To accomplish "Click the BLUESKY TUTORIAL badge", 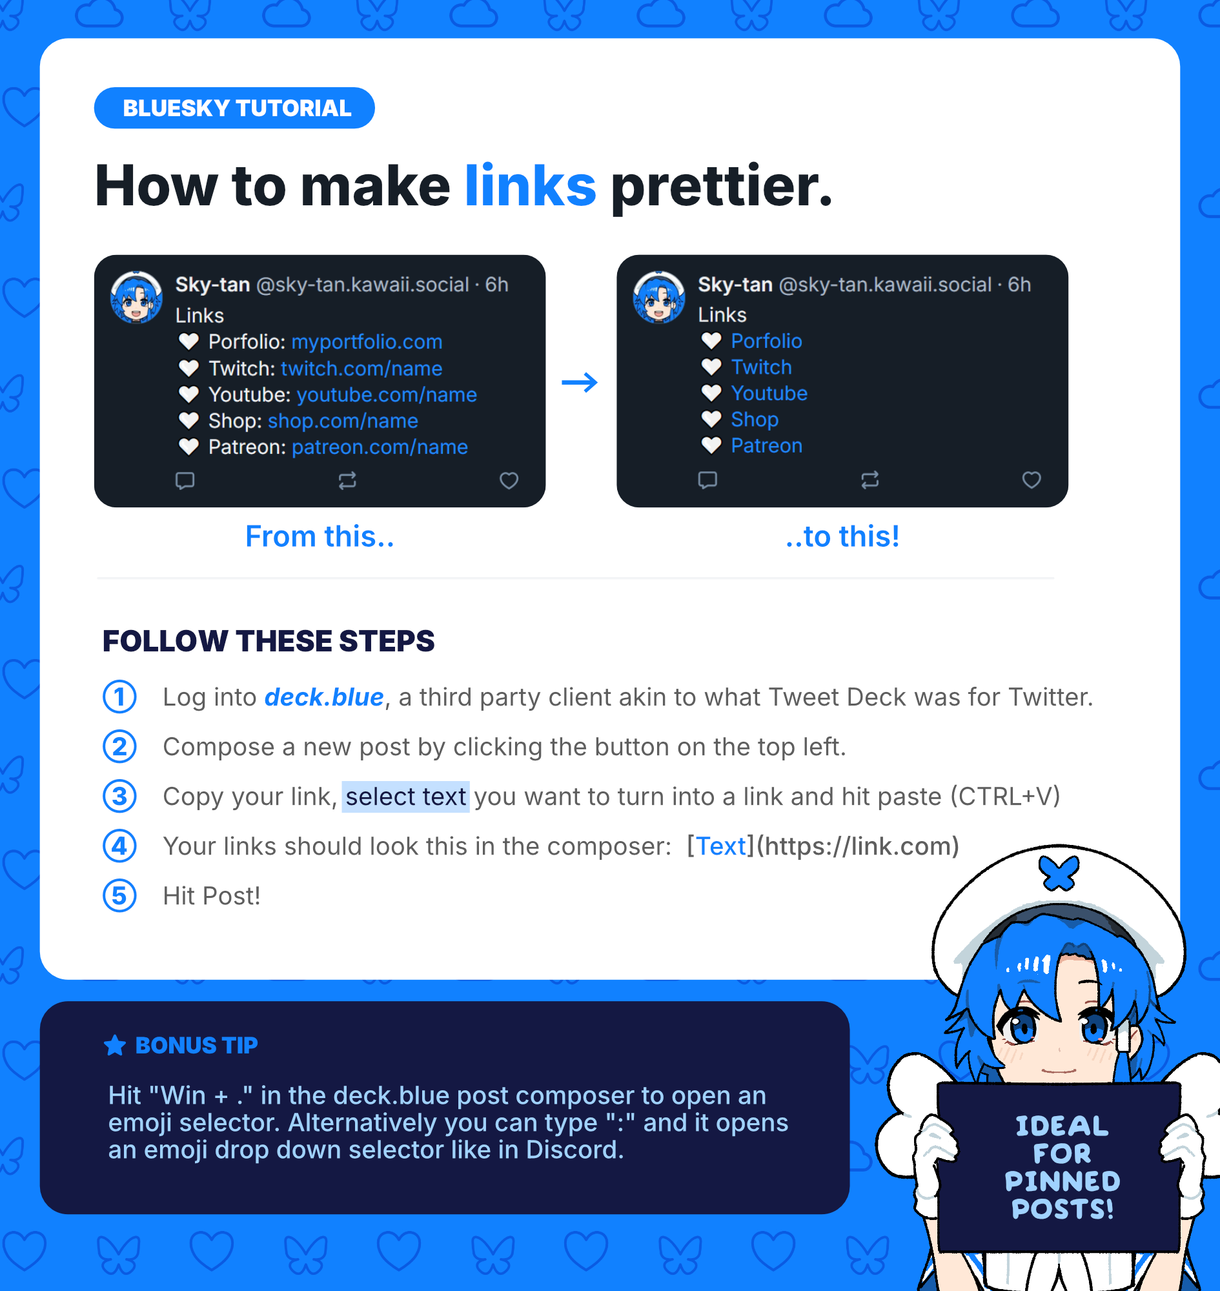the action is pyautogui.click(x=234, y=108).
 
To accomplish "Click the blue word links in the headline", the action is pyautogui.click(x=530, y=186).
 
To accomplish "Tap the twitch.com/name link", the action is pyautogui.click(x=361, y=368).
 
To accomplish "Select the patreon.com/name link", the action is pyautogui.click(x=380, y=447).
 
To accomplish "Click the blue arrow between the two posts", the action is pyautogui.click(x=580, y=382).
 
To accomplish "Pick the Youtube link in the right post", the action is pyautogui.click(x=769, y=393).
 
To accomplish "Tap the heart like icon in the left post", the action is pyautogui.click(x=509, y=481).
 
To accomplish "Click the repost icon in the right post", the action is pyautogui.click(x=870, y=480).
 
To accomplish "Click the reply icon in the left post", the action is pyautogui.click(x=185, y=481).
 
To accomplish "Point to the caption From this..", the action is pyautogui.click(x=320, y=536).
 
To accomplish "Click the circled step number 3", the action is pyautogui.click(x=119, y=796).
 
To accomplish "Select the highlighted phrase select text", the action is pyautogui.click(x=406, y=797).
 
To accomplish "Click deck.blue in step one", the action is pyautogui.click(x=324, y=697).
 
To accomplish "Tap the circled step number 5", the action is pyautogui.click(x=119, y=895).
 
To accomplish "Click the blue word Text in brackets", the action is pyautogui.click(x=720, y=846).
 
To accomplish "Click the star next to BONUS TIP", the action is pyautogui.click(x=115, y=1045).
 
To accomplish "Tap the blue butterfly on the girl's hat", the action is pyautogui.click(x=1059, y=872).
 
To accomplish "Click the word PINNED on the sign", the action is pyautogui.click(x=1062, y=1181).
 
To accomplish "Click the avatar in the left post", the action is pyautogui.click(x=137, y=298).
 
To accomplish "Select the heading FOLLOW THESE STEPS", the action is pyautogui.click(x=269, y=640).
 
